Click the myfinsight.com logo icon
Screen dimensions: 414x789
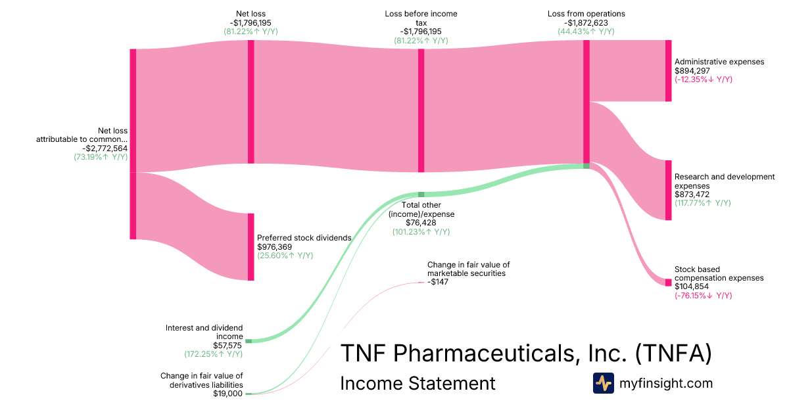[603, 383]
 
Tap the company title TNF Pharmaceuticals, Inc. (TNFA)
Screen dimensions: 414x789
[525, 354]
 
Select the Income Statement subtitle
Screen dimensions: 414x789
[418, 383]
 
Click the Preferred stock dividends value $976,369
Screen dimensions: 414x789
[274, 247]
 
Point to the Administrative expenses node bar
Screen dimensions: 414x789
[668, 70]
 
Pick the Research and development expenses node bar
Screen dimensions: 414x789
[668, 190]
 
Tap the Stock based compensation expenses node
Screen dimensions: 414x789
[668, 283]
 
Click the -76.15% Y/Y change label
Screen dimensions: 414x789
[703, 296]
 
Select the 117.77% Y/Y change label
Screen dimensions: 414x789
[702, 203]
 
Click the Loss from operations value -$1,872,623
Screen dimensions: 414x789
[586, 22]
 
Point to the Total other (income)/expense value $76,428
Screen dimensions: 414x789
[421, 223]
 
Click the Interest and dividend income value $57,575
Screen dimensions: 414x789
[227, 345]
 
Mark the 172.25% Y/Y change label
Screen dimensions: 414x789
[213, 354]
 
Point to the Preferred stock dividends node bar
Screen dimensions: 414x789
[251, 247]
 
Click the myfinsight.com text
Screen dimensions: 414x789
[666, 383]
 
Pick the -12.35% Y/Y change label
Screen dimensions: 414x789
[703, 80]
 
